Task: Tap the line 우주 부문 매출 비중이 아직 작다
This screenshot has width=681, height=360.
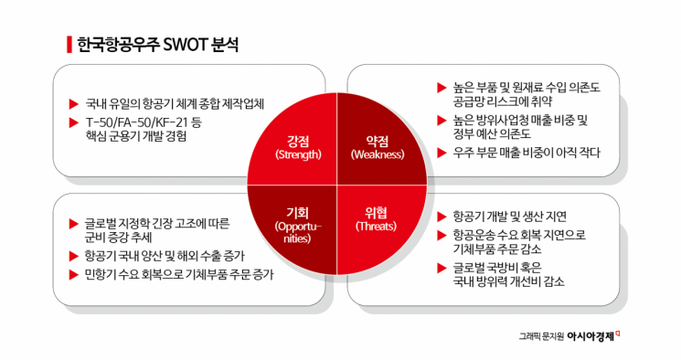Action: (x=527, y=153)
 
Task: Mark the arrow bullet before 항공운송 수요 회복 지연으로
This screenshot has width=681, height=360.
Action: (x=442, y=236)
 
